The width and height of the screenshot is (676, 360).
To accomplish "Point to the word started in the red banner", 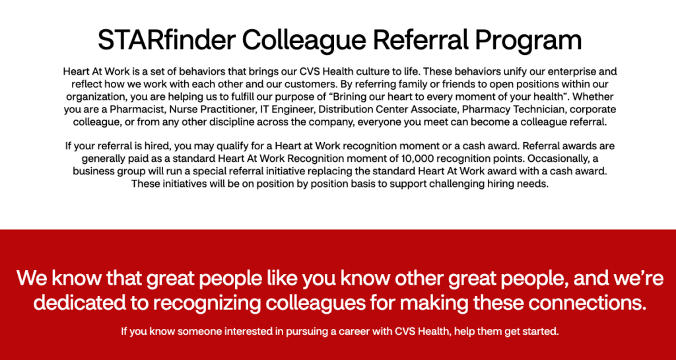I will [x=540, y=331].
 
